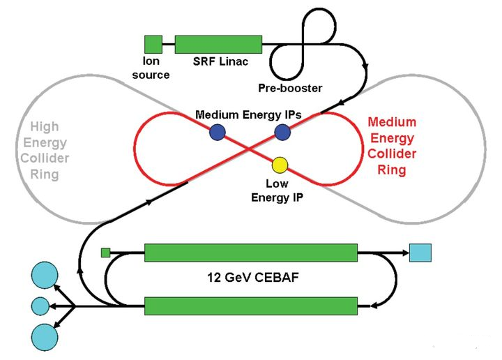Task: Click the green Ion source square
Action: coord(153,44)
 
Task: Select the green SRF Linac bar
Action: coord(218,44)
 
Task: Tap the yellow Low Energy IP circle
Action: coord(280,165)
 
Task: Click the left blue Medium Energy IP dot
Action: coord(217,131)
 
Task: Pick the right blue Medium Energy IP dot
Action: coord(282,132)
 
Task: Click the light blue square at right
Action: coord(420,253)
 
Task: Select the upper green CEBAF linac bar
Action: coord(250,253)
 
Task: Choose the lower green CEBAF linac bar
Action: coord(250,305)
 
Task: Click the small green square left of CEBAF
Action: coord(106,252)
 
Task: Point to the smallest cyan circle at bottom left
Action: coord(40,306)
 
